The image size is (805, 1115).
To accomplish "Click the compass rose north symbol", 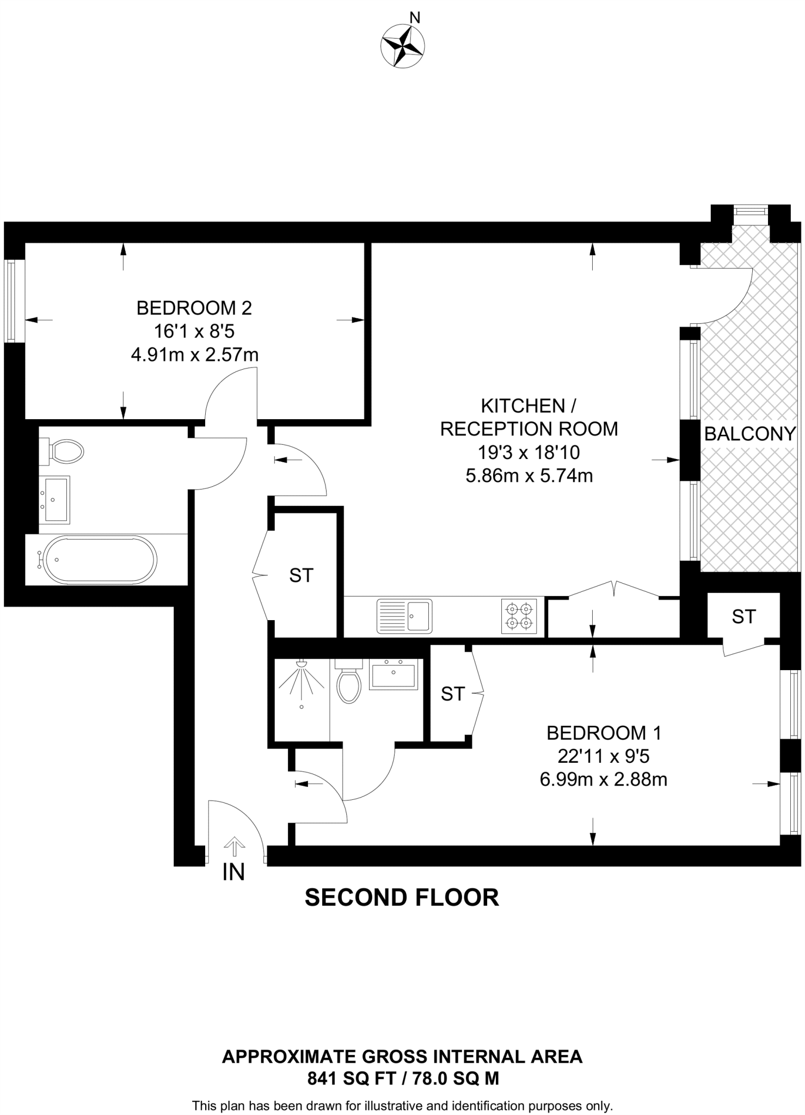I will (403, 46).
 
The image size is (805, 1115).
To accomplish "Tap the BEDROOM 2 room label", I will (194, 308).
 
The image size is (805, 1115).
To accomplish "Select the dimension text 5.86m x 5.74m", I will (529, 476).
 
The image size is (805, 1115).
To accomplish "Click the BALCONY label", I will (750, 434).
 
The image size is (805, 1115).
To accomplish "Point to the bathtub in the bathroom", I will (101, 560).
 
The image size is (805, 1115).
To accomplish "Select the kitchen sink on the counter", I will (404, 616).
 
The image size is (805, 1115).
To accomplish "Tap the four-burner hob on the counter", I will (518, 616).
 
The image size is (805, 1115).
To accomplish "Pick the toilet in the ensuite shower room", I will (349, 682).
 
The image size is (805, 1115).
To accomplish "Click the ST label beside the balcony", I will (743, 617).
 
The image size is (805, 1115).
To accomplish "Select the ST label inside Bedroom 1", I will (453, 694).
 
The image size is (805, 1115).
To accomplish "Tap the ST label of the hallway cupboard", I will (302, 575).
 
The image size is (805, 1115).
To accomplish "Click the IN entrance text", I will (233, 872).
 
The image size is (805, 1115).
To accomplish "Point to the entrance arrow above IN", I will (235, 846).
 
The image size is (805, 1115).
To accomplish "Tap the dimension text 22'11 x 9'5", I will (604, 756).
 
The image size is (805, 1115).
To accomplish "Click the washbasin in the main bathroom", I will (57, 499).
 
